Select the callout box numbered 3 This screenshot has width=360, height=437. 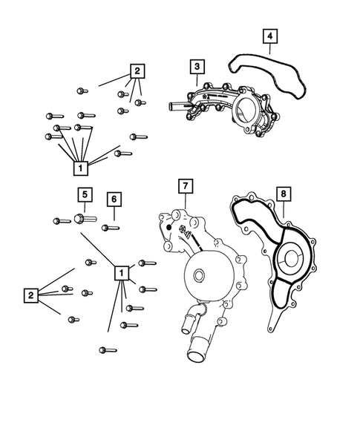pyautogui.click(x=195, y=68)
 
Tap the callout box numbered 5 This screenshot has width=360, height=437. pyautogui.click(x=85, y=194)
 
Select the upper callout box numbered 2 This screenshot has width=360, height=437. pyautogui.click(x=137, y=72)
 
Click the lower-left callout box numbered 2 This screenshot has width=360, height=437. pyautogui.click(x=30, y=296)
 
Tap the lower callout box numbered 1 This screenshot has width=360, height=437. pyautogui.click(x=120, y=273)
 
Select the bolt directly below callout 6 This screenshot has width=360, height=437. pyautogui.click(x=111, y=226)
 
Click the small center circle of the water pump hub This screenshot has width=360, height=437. pyautogui.click(x=198, y=277)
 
